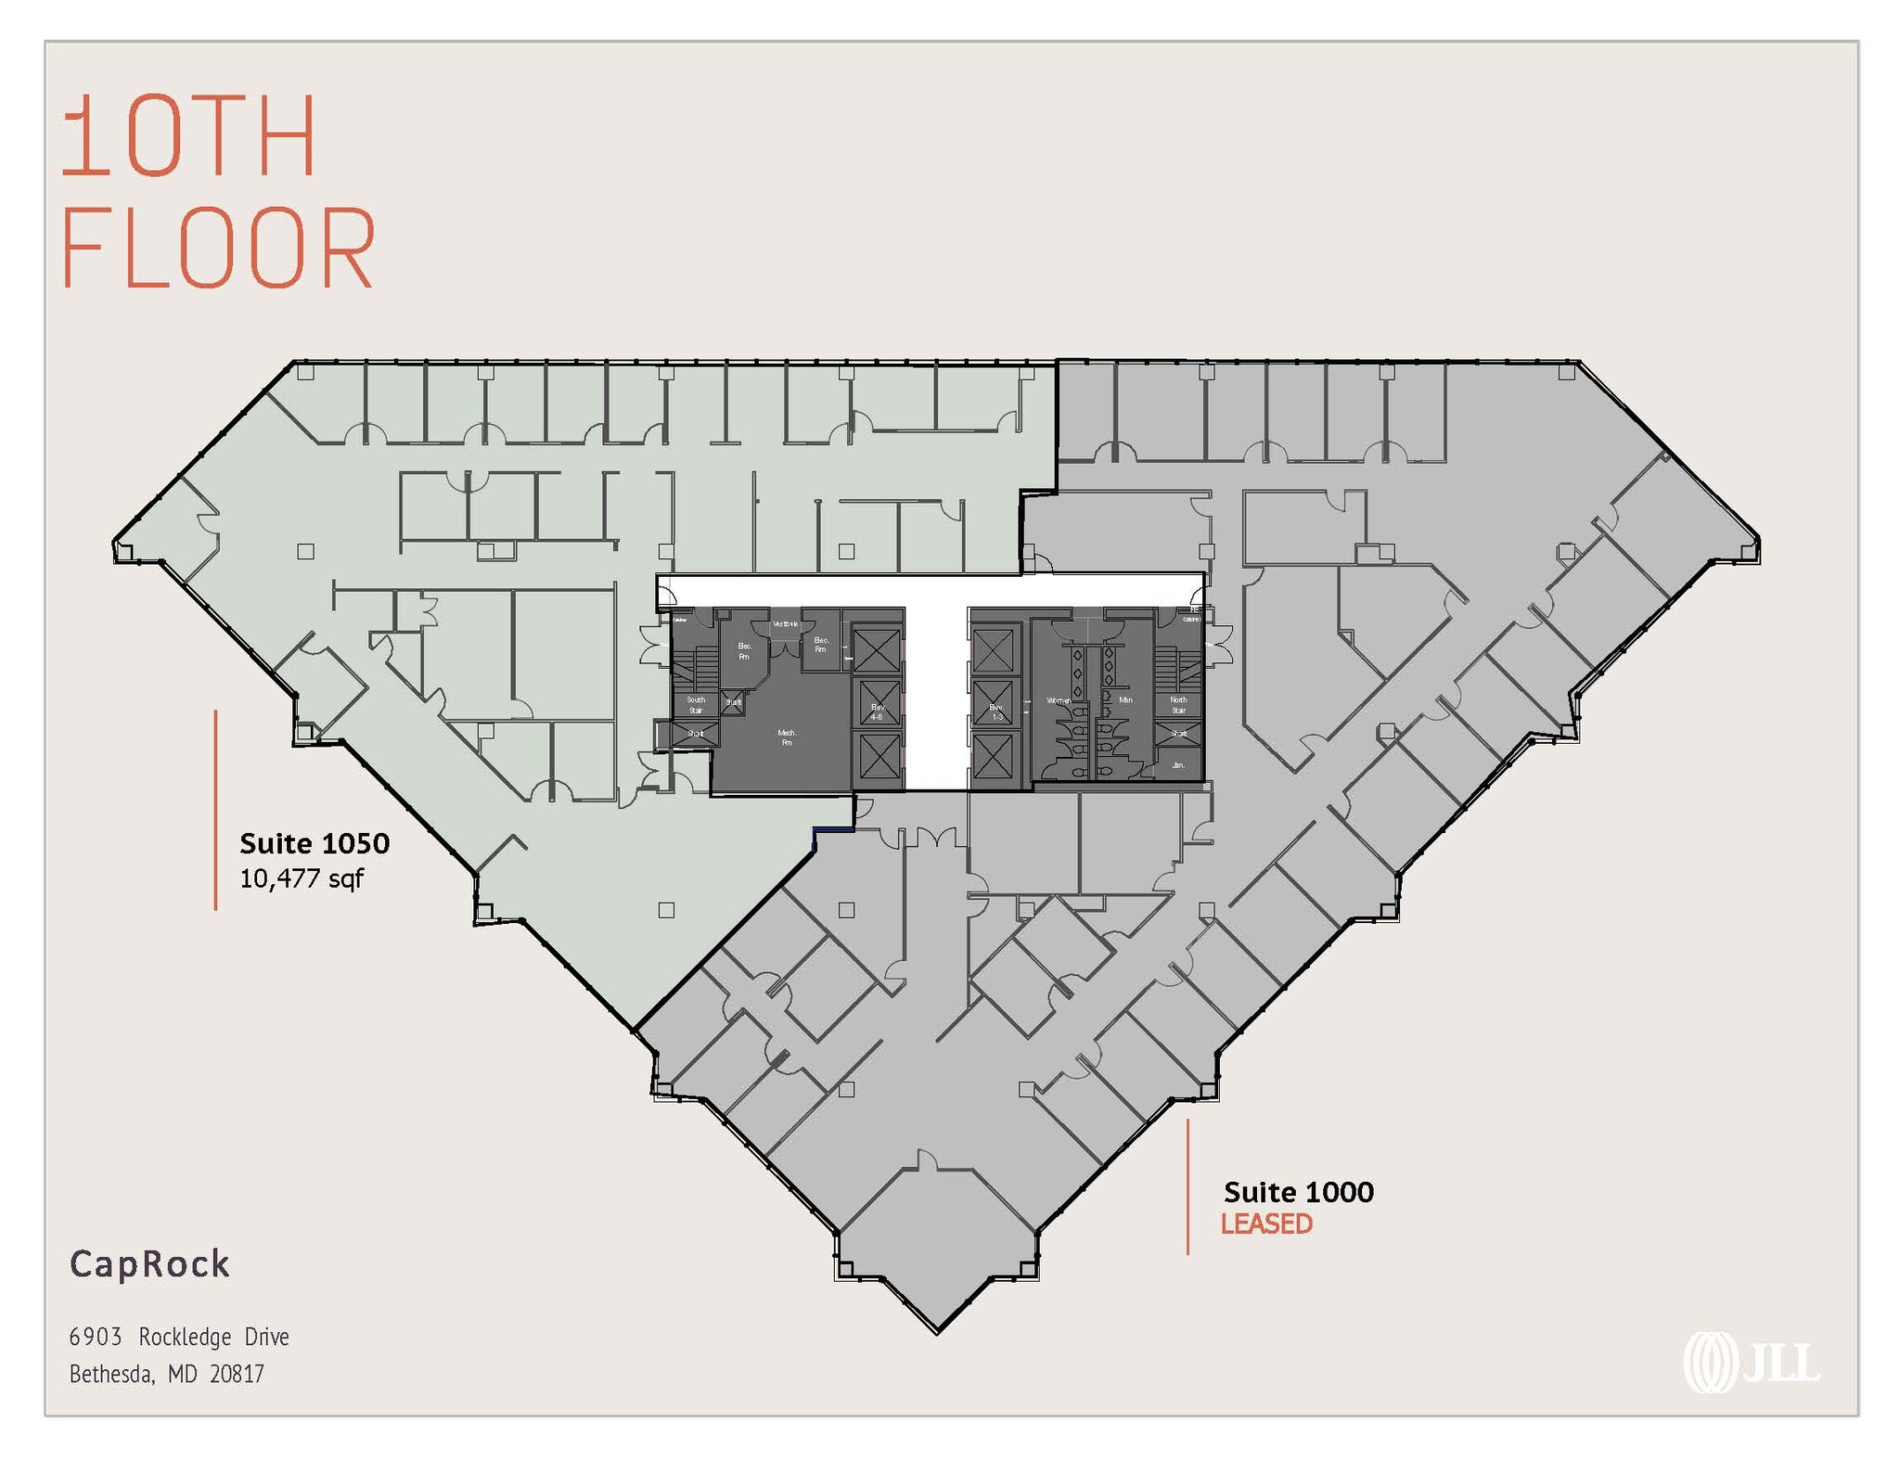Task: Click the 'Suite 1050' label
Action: [315, 843]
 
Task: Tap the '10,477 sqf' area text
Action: [302, 878]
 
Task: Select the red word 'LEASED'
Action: [1266, 1224]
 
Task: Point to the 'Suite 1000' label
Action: [1298, 1192]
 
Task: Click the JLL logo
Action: [1751, 1361]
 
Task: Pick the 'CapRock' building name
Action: [149, 1264]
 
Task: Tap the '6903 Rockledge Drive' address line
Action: [179, 1337]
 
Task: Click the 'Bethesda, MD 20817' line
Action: [167, 1374]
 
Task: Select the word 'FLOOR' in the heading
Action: [219, 249]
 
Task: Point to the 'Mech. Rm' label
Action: [787, 737]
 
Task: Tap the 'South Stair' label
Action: [696, 705]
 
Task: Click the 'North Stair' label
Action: [1178, 705]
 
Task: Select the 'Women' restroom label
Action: [1059, 700]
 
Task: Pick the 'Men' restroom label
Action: [1125, 700]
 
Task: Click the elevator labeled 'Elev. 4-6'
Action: [877, 711]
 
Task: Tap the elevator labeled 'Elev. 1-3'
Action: [996, 711]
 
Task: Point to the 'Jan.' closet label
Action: [1178, 765]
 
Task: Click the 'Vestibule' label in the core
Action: [785, 624]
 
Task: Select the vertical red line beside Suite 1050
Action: [215, 810]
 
